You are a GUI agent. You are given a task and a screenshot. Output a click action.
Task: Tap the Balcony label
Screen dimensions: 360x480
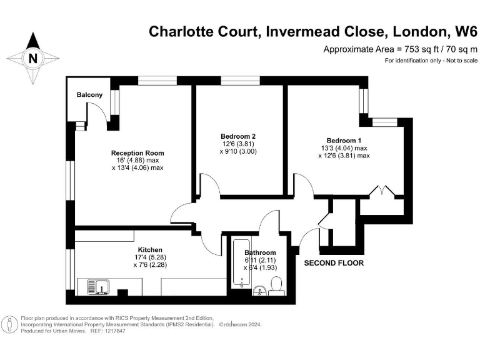[89, 94]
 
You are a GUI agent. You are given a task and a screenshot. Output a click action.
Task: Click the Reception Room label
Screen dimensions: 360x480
[137, 153]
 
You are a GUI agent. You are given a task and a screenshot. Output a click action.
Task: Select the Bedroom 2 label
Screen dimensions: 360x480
[238, 136]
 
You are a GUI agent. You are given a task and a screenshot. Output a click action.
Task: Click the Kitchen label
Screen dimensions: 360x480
[150, 250]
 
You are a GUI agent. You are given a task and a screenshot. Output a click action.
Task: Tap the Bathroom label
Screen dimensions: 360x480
[261, 252]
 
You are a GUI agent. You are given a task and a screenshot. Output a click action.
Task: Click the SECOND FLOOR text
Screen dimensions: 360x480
[334, 263]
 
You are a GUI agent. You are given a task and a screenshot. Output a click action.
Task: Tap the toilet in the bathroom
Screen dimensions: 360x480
[276, 287]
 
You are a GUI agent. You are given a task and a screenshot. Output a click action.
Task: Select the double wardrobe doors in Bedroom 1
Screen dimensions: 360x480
[382, 191]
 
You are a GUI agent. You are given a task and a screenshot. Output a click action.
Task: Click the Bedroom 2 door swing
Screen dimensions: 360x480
[208, 186]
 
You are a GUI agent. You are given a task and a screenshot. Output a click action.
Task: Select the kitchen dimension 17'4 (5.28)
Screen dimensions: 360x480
[150, 257]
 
